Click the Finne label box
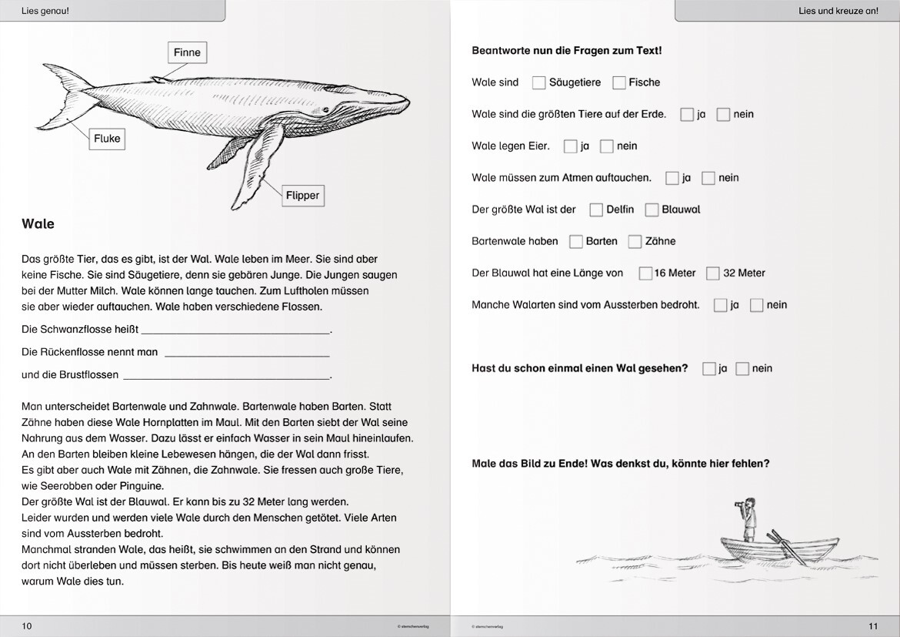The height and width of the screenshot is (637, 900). point(187,52)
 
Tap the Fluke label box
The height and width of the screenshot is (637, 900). point(107,139)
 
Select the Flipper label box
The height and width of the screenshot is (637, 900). point(302,196)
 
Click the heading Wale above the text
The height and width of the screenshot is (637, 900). point(38,223)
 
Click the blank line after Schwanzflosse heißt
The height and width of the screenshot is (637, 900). point(236,333)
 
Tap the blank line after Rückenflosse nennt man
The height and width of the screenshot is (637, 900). point(248,356)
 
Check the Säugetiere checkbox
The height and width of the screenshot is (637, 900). point(538,82)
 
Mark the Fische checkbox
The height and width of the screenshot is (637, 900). point(618,82)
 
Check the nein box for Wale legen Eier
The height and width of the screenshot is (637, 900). point(607,146)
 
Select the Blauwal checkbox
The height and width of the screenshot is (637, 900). point(652,210)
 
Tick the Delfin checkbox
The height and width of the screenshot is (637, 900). point(596,210)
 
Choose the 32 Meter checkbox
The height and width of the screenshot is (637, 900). point(713,273)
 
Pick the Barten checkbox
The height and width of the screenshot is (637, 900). point(575,241)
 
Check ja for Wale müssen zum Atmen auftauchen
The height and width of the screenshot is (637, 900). point(672,178)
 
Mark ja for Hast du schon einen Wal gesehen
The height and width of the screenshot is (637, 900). point(709,368)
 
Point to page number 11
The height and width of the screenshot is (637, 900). point(873,626)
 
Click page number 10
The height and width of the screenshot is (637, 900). point(26,626)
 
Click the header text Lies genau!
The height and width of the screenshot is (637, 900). point(45,10)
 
